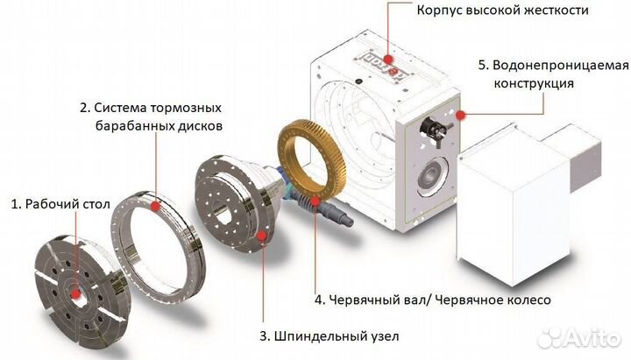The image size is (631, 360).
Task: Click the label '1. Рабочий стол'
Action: pos(53,204)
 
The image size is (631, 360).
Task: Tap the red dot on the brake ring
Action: pos(155,204)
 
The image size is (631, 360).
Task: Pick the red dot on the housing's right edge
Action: pos(457,114)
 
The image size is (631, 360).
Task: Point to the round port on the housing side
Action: pos(429,175)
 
